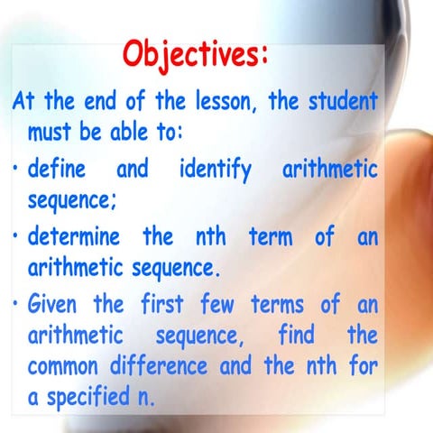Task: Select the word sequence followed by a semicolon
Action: (71, 201)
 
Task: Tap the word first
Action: (171, 304)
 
